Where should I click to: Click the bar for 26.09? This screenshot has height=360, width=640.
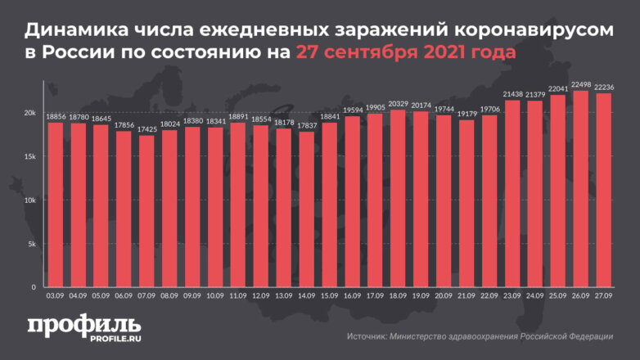581,189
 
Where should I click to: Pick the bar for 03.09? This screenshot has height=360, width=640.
54,205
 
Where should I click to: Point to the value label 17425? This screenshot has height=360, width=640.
146,129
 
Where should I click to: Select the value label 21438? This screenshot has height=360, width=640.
512,94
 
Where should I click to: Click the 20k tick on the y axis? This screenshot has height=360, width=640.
29,112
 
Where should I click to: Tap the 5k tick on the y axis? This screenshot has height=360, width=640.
31,244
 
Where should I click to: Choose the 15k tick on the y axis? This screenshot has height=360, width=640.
29,156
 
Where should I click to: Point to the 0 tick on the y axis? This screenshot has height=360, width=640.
34,287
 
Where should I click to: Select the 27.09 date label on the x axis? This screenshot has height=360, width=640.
604,297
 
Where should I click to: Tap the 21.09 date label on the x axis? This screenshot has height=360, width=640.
466,297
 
